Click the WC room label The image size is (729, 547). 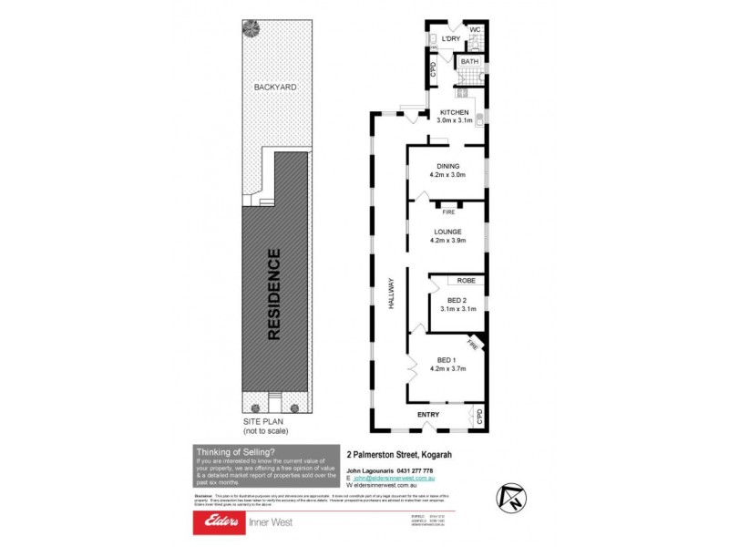pyautogui.click(x=475, y=29)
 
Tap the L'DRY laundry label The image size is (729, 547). pyautogui.click(x=448, y=39)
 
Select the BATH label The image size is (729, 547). pyautogui.click(x=469, y=62)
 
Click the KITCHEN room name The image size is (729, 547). pyautogui.click(x=454, y=111)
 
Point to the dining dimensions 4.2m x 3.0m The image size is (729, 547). pyautogui.click(x=448, y=175)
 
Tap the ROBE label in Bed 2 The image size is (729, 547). pyautogui.click(x=466, y=281)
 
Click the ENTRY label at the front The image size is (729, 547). pyautogui.click(x=428, y=415)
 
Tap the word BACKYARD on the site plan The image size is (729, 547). pyautogui.click(x=276, y=87)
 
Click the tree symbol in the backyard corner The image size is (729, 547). pyautogui.click(x=249, y=27)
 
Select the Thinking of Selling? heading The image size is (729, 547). pyautogui.click(x=235, y=451)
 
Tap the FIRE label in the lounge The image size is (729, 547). pyautogui.click(x=448, y=212)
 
